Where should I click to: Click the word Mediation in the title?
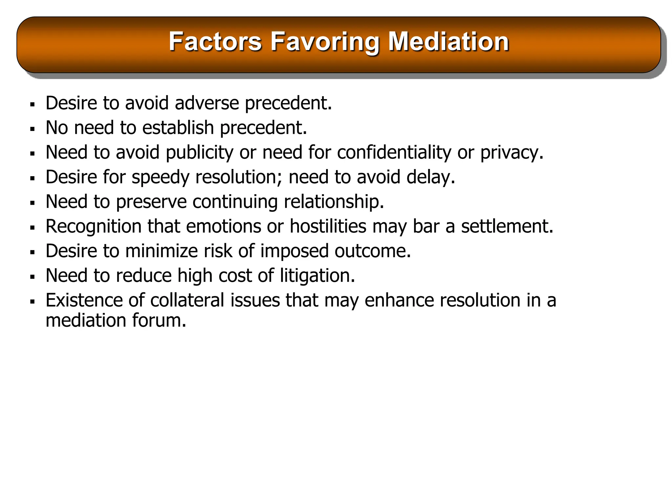pos(448,42)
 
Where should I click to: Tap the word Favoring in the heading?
pos(325,42)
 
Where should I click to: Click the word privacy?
pos(511,153)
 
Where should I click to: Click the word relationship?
pos(333,202)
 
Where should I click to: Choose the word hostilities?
pos(328,226)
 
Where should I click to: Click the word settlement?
pos(507,226)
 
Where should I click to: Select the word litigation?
pos(317,276)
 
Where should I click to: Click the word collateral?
pos(187,300)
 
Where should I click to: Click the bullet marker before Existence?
pos(32,302)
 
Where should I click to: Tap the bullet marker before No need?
pos(32,129)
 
